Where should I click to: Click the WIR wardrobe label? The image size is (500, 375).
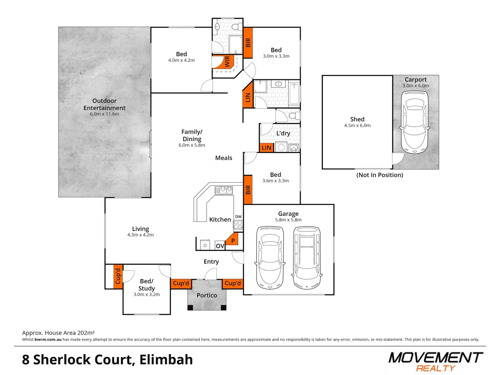pos(227,62)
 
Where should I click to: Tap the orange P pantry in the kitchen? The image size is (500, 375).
pos(233,240)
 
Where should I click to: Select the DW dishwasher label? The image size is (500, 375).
pos(238,217)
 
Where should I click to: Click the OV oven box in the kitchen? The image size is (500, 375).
pos(220,246)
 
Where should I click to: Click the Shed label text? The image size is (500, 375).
pos(357,119)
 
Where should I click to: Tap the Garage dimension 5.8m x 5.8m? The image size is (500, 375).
pos(288,220)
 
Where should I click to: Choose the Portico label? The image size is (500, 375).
pos(207,295)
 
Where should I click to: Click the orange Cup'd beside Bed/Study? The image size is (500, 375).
pos(118,276)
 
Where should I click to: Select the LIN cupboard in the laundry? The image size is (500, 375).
pos(266,148)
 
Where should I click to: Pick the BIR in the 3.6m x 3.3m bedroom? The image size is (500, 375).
pos(248,190)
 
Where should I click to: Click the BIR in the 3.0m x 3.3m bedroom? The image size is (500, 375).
pos(248,43)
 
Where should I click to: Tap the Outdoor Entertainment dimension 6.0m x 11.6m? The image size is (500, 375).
pos(104,114)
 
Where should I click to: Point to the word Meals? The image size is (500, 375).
pos(224,158)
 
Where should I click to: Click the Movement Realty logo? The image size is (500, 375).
pos(435,361)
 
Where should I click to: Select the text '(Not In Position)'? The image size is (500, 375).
pos(380,175)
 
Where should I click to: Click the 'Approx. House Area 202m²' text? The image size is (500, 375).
pos(58,333)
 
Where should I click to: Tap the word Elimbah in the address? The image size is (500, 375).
pos(166,360)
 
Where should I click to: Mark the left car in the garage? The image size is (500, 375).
pos(270,258)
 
